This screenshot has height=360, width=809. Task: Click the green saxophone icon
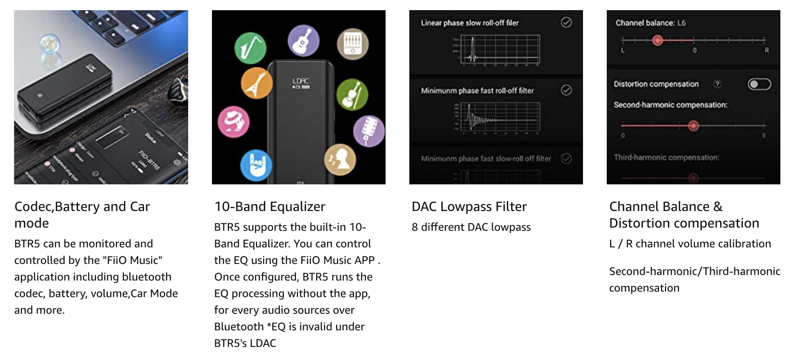pyautogui.click(x=250, y=48)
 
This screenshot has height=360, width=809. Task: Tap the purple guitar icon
pyautogui.click(x=304, y=41)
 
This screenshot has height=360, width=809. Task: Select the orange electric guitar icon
pyautogui.click(x=256, y=83)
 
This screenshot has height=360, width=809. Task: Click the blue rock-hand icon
pyautogui.click(x=256, y=165)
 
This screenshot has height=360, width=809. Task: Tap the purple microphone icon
pyautogui.click(x=369, y=131)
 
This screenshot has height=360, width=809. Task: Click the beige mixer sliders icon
pyautogui.click(x=353, y=44)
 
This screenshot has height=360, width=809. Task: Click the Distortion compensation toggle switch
pyautogui.click(x=759, y=84)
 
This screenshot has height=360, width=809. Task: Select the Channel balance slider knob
pyautogui.click(x=658, y=40)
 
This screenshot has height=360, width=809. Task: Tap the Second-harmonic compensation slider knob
pyautogui.click(x=694, y=126)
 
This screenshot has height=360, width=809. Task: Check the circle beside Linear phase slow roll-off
pyautogui.click(x=566, y=22)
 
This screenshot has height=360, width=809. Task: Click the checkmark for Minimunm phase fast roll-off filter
pyautogui.click(x=566, y=90)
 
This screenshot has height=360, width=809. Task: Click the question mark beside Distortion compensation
pyautogui.click(x=717, y=84)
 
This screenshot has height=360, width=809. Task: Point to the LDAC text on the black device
pyautogui.click(x=301, y=81)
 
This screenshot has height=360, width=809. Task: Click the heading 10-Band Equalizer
pyautogui.click(x=270, y=207)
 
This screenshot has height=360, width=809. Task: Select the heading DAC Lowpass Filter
pyautogui.click(x=469, y=207)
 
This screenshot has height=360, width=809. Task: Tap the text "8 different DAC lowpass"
pyautogui.click(x=471, y=227)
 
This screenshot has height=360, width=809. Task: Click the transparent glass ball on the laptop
pyautogui.click(x=49, y=44)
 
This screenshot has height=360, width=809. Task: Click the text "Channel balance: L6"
pyautogui.click(x=650, y=23)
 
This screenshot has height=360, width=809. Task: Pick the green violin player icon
pyautogui.click(x=352, y=95)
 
